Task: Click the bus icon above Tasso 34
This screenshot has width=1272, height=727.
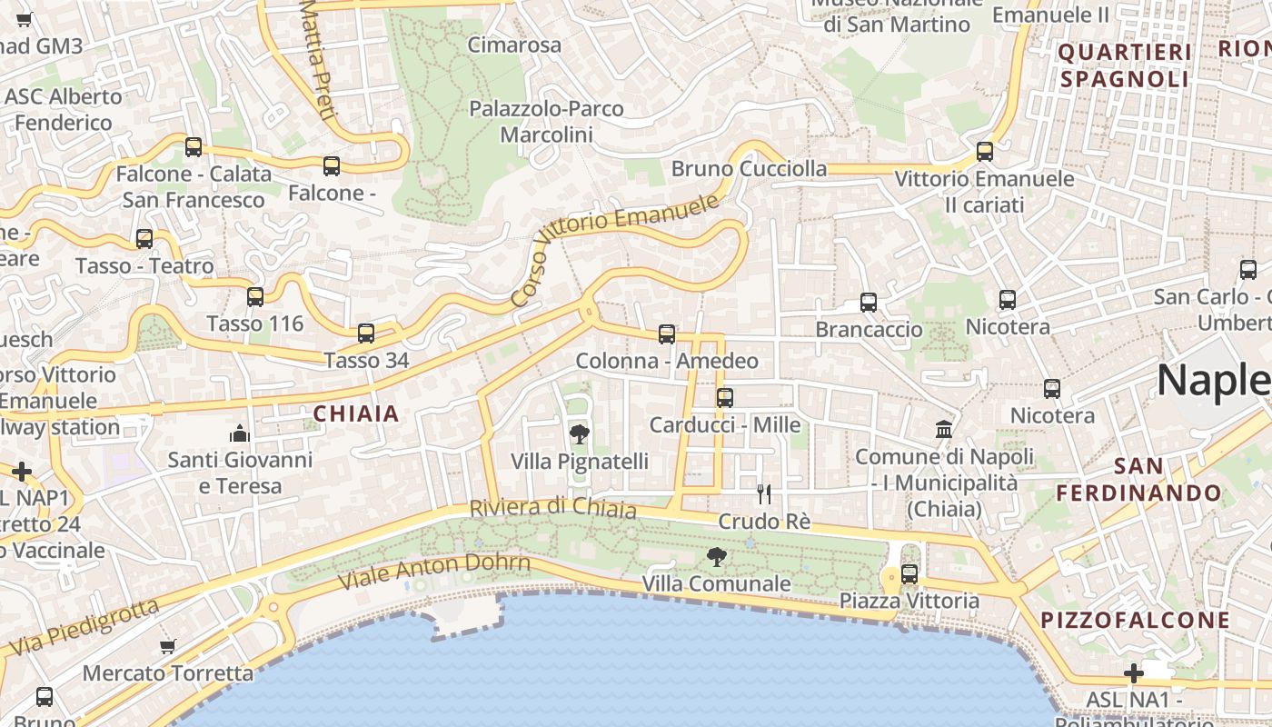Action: pyautogui.click(x=366, y=334)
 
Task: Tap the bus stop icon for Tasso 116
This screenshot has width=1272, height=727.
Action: pyautogui.click(x=255, y=297)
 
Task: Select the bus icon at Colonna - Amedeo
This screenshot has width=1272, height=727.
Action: pyautogui.click(x=667, y=334)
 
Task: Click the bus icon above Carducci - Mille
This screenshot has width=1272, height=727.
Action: pyautogui.click(x=724, y=398)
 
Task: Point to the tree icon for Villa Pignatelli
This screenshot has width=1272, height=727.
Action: pyautogui.click(x=579, y=434)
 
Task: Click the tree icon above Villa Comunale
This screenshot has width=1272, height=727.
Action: pyautogui.click(x=717, y=557)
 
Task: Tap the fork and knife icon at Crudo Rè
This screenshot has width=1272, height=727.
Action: pyautogui.click(x=764, y=494)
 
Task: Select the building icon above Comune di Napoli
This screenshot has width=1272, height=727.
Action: pyautogui.click(x=944, y=429)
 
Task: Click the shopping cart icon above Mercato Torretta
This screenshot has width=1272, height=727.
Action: pyautogui.click(x=167, y=647)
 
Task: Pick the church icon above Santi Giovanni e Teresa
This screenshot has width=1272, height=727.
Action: pyautogui.click(x=239, y=433)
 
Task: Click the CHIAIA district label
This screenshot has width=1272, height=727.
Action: pyautogui.click(x=356, y=414)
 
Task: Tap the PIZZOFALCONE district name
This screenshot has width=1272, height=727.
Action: pyautogui.click(x=1135, y=621)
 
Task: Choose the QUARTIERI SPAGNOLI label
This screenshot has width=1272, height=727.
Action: pyautogui.click(x=1124, y=65)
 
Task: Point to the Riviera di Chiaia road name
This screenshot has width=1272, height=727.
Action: pyautogui.click(x=552, y=508)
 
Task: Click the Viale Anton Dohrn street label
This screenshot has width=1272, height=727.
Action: pyautogui.click(x=433, y=571)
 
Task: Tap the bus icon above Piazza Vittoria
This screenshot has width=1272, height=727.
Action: pyautogui.click(x=909, y=574)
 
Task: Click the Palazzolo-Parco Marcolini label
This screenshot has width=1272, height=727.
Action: pyautogui.click(x=546, y=122)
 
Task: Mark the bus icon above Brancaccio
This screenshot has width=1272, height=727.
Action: pyautogui.click(x=869, y=303)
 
